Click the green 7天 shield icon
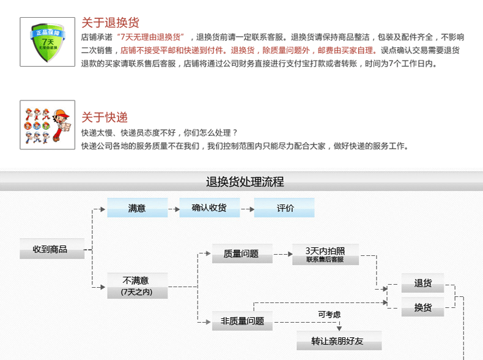(x=43, y=42)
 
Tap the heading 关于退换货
(x=110, y=23)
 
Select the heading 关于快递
(x=105, y=118)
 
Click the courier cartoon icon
(x=43, y=126)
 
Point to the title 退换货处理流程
(x=245, y=182)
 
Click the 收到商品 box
(x=52, y=249)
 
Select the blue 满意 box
(x=137, y=208)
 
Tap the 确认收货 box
(x=209, y=208)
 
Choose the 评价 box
(x=285, y=208)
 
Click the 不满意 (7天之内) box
(x=137, y=285)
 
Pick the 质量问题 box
(x=242, y=253)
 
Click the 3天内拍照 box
(x=325, y=254)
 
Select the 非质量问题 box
(x=242, y=320)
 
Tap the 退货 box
(x=422, y=283)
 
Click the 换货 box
(x=422, y=307)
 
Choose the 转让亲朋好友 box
(x=339, y=341)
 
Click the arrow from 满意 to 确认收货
(x=173, y=209)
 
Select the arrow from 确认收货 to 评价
(x=247, y=209)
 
